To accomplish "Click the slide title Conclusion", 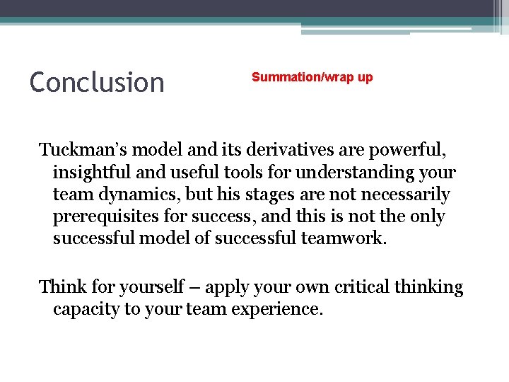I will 97,83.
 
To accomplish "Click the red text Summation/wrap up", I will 312,77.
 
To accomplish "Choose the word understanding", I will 364,172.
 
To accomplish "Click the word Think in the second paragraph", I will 62,287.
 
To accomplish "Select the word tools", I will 240,172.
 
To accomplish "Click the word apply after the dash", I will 227,287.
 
